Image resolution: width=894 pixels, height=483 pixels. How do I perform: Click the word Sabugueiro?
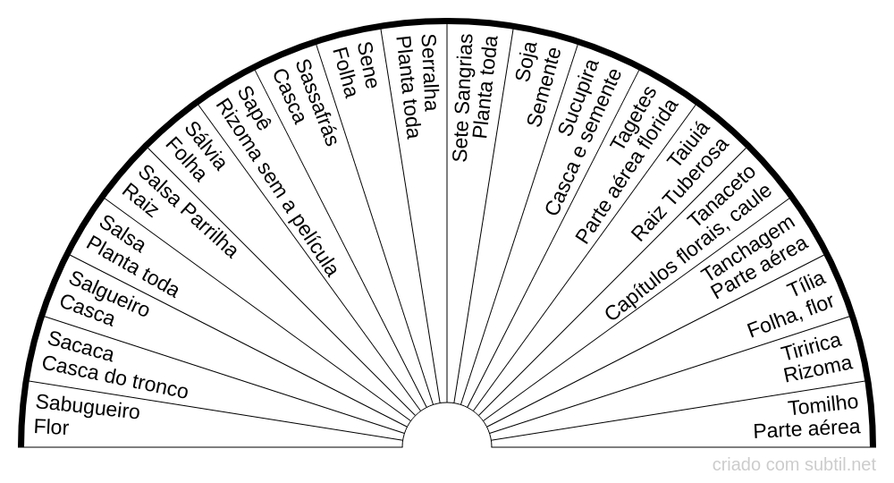pyautogui.click(x=88, y=406)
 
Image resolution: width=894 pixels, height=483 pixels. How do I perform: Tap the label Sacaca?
pyautogui.click(x=80, y=345)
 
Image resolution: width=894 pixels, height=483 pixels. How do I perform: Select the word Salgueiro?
pyautogui.click(x=109, y=293)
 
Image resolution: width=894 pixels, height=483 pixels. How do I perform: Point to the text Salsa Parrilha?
pyautogui.click(x=188, y=212)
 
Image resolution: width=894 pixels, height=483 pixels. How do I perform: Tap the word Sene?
pyautogui.click(x=367, y=65)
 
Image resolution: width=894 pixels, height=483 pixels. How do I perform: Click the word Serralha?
pyautogui.click(x=429, y=72)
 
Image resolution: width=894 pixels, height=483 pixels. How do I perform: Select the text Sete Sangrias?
pyautogui.click(x=463, y=97)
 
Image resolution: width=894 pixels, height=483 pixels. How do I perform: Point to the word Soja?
pyautogui.click(x=526, y=62)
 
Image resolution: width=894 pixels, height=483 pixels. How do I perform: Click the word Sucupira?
pyautogui.click(x=578, y=97)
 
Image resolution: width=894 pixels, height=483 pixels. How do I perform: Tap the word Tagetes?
pyautogui.click(x=634, y=118)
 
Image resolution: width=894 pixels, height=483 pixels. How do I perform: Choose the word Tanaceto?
pyautogui.click(x=721, y=196)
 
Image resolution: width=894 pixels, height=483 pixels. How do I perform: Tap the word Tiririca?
pyautogui.click(x=811, y=346)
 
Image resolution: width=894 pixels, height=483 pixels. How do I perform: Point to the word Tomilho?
pyautogui.click(x=822, y=405)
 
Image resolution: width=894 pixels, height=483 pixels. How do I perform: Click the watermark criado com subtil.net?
pyautogui.click(x=794, y=465)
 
